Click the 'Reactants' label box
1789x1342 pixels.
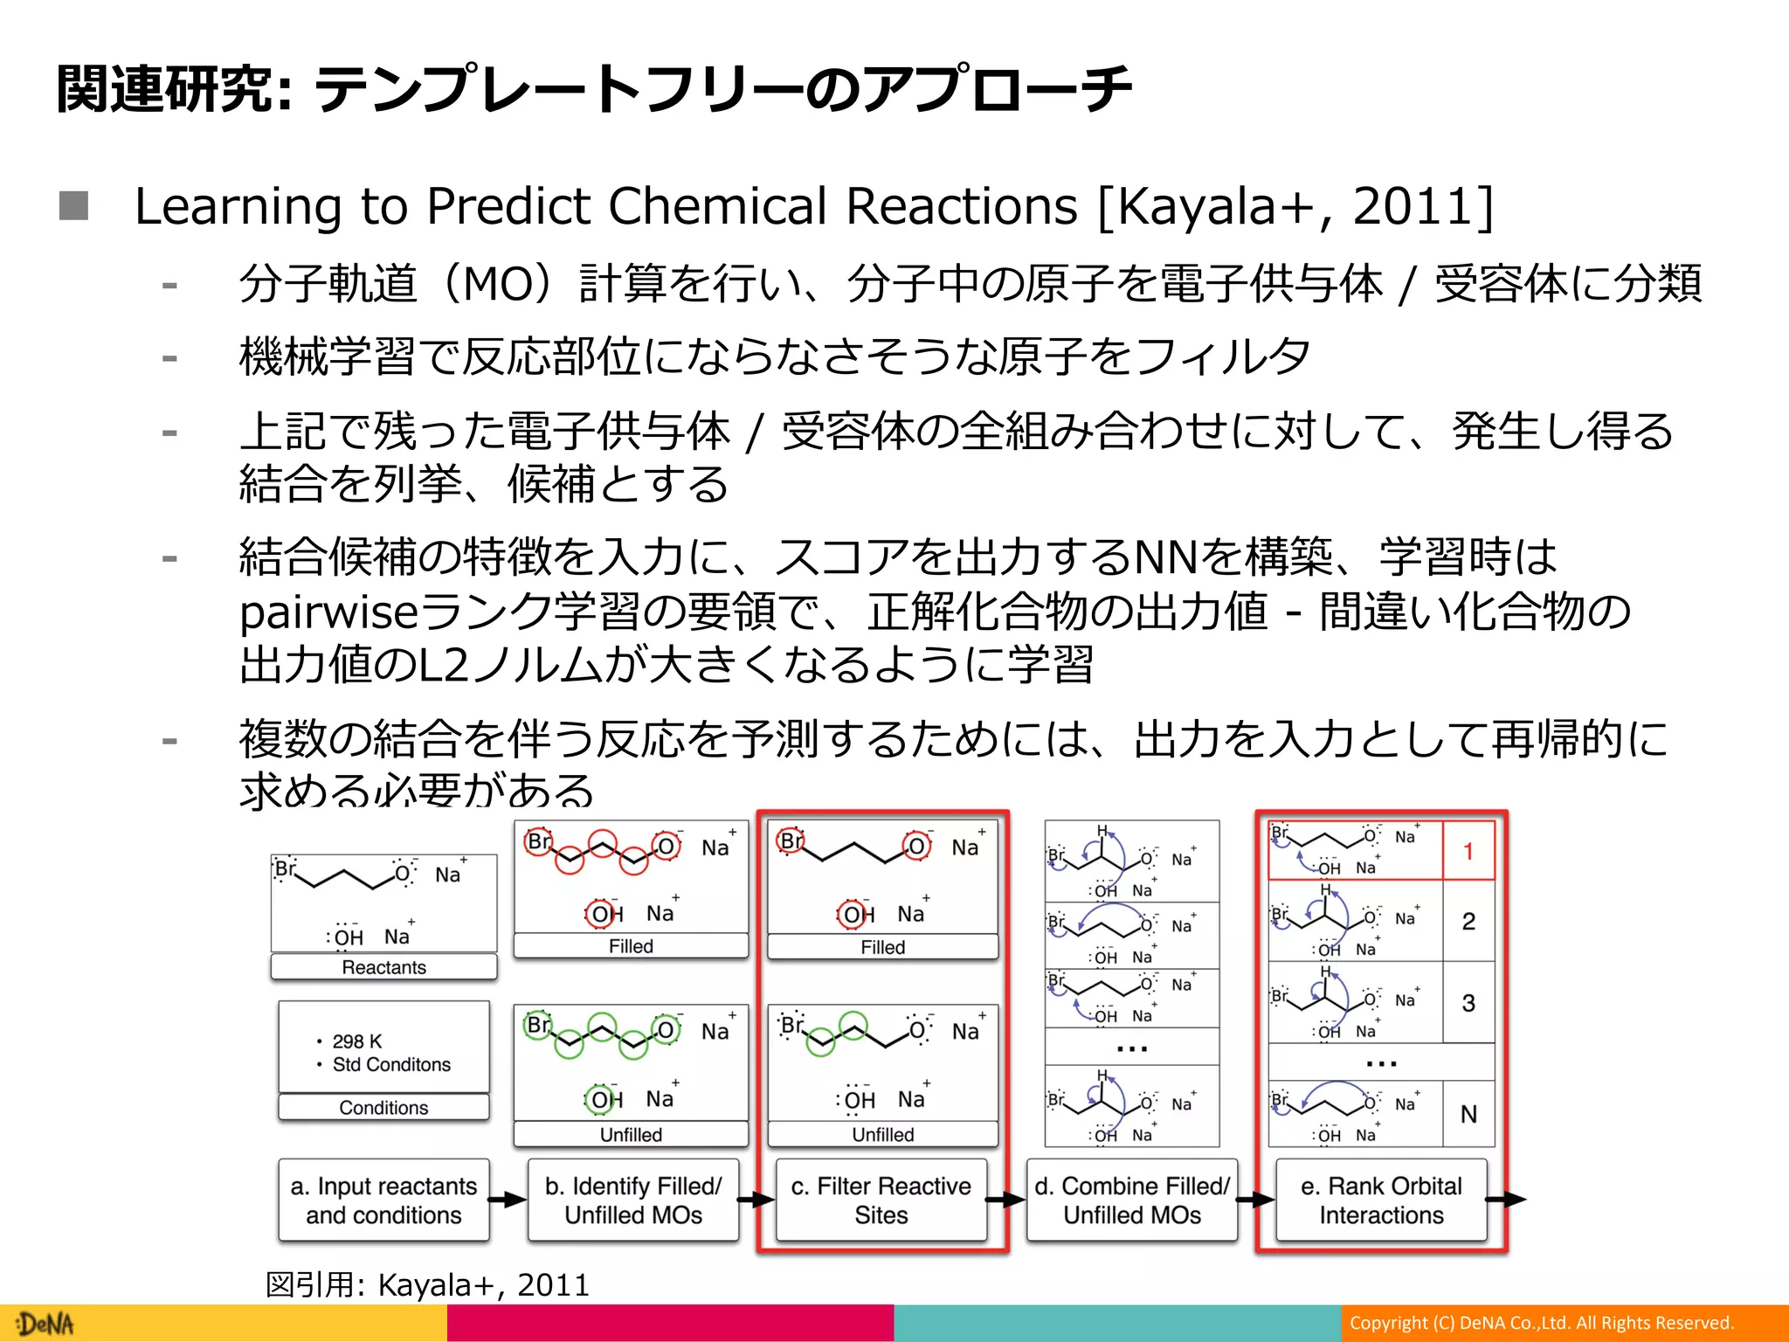click(x=383, y=967)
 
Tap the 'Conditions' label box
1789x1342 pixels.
click(x=383, y=1107)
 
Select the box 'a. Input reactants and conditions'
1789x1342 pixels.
click(x=383, y=1200)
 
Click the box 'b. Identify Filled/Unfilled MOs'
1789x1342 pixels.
click(x=633, y=1200)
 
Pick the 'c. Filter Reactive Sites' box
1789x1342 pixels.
click(x=881, y=1200)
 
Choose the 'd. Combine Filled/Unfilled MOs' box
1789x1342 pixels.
click(x=1132, y=1200)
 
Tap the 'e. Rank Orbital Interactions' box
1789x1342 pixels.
click(x=1381, y=1200)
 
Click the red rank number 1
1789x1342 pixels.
click(x=1468, y=851)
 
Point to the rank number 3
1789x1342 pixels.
click(x=1468, y=1002)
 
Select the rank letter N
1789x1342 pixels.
click(x=1468, y=1114)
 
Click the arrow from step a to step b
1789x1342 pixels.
click(x=508, y=1200)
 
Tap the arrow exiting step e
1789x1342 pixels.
click(x=1507, y=1200)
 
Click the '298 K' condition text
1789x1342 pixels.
click(x=357, y=1041)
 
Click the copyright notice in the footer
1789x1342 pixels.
click(x=1541, y=1323)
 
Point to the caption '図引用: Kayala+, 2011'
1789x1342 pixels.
click(x=427, y=1284)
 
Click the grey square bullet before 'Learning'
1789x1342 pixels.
click(x=74, y=206)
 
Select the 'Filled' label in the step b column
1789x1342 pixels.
click(x=631, y=946)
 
